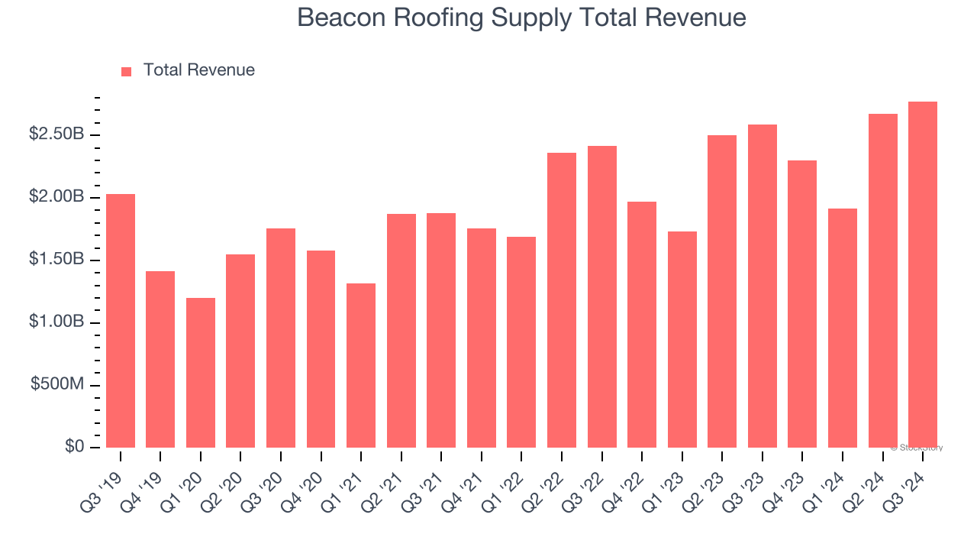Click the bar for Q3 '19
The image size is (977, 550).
pos(121,321)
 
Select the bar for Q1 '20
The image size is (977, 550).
pos(201,373)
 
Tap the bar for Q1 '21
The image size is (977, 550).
pos(361,365)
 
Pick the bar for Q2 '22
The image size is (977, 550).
pos(562,300)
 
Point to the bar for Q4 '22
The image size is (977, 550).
pos(642,325)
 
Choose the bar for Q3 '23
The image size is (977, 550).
pos(763,286)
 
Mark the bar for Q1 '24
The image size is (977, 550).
pos(843,328)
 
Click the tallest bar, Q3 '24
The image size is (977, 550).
pos(923,274)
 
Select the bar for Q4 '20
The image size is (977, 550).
pos(321,349)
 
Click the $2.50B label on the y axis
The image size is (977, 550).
pos(56,134)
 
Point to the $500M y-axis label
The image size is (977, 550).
pos(57,384)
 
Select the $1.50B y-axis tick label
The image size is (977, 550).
pos(56,260)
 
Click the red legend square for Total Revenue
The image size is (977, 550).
pos(127,71)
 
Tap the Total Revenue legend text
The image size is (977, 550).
pos(198,70)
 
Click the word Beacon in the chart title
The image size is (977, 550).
pos(342,18)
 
